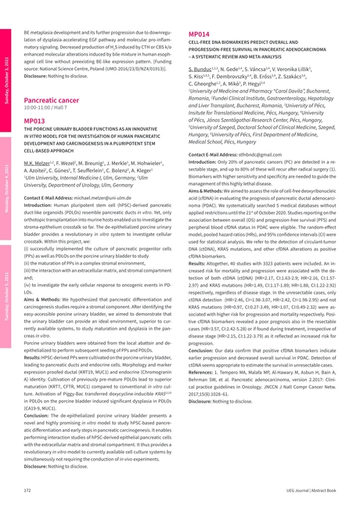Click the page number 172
(27, 489)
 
